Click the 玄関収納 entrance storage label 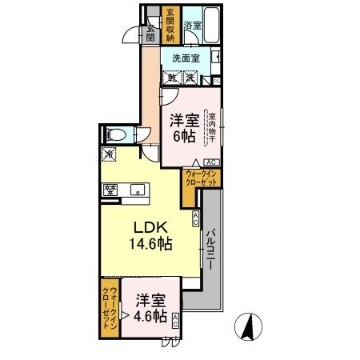tap(170, 25)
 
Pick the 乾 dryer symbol tap(172, 78)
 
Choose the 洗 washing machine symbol tap(190, 78)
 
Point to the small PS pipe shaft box tap(217, 81)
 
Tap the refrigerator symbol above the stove tap(108, 154)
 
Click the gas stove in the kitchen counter tap(110, 190)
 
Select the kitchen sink tap(137, 190)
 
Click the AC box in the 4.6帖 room tap(176, 321)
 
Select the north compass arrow tap(247, 326)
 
